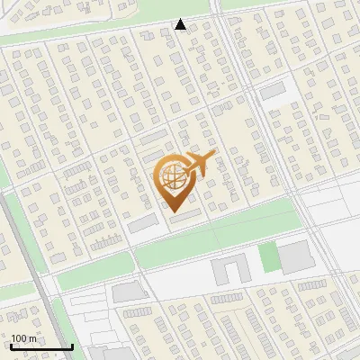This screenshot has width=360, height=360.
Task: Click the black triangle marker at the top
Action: click(x=181, y=25)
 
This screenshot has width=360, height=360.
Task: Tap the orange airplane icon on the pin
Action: click(x=200, y=164)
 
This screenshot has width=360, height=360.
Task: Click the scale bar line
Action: click(x=41, y=346)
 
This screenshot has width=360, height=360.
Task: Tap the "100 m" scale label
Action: click(x=24, y=338)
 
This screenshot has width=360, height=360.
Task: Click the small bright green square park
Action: click(x=268, y=256)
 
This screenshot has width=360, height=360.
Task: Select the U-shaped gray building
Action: click(x=229, y=269)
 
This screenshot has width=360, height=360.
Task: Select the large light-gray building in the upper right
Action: click(x=273, y=92)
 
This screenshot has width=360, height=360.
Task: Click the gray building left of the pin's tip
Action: click(x=141, y=224)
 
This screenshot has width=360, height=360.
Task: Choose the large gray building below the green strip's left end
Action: click(x=129, y=292)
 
